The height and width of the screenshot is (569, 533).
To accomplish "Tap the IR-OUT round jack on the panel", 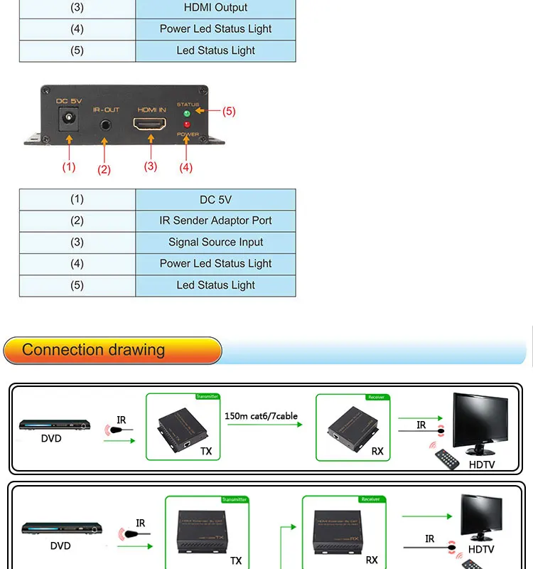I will tap(105, 124).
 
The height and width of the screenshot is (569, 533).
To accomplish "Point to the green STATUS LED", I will tap(187, 112).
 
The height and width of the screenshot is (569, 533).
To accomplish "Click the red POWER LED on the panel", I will tap(187, 124).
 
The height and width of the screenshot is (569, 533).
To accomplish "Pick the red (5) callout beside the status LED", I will tap(228, 112).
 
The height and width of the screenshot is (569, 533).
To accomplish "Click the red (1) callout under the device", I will tap(68, 167).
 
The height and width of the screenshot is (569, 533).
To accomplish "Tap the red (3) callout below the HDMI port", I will tap(150, 166).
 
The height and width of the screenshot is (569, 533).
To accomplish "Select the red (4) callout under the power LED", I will tap(185, 168).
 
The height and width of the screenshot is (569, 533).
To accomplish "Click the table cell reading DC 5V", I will tap(215, 200).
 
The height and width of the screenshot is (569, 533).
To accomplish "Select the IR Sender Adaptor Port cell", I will tap(215, 221).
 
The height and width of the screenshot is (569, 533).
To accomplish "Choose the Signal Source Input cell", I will tap(215, 243).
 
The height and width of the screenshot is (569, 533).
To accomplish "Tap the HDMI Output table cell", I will tap(215, 8).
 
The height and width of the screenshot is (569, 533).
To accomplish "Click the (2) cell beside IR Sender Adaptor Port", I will tap(77, 221).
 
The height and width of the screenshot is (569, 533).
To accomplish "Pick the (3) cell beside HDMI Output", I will tap(77, 8).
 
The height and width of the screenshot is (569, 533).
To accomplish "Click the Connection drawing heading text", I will tap(93, 350).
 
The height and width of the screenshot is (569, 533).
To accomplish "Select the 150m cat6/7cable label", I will tap(262, 415).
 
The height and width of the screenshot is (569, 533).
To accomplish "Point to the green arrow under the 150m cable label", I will tap(264, 426).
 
